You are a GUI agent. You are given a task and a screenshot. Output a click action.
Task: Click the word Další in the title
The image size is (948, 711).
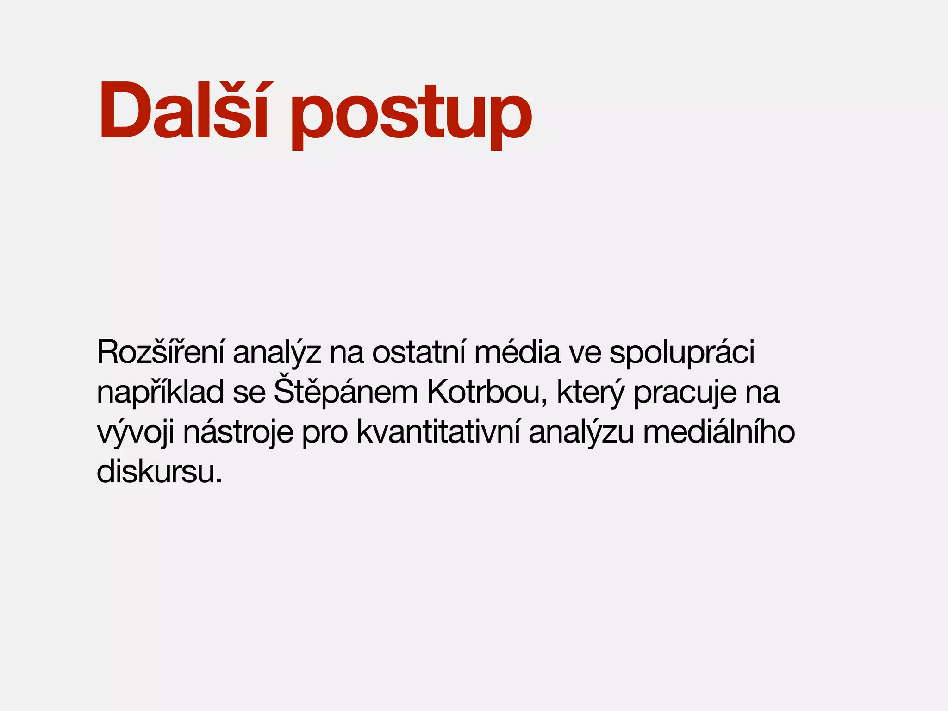click(183, 111)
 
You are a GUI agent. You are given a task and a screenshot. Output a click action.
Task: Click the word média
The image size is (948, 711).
click(517, 353)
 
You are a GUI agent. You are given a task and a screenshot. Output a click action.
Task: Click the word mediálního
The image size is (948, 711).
click(719, 432)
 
